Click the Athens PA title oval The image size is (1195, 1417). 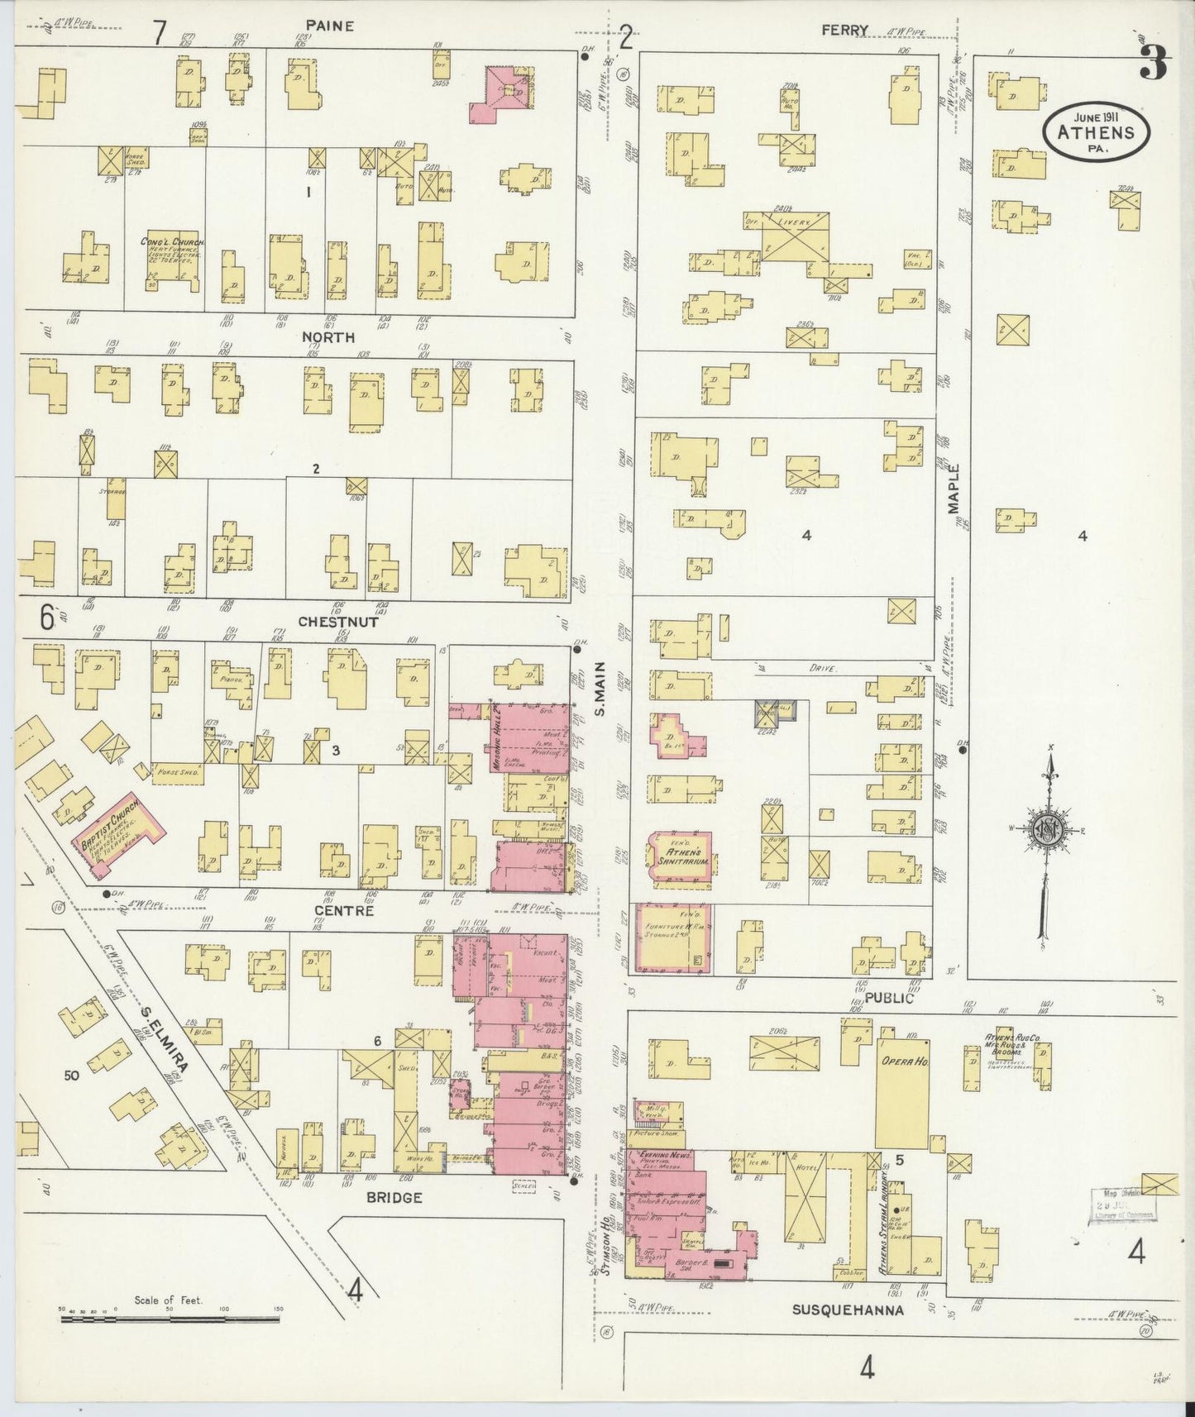point(1096,133)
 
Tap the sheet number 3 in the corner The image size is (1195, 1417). point(1153,62)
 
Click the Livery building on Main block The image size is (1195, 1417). point(793,236)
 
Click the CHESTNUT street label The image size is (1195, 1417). point(337,622)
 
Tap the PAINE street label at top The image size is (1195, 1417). point(328,26)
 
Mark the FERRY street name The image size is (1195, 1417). point(844,31)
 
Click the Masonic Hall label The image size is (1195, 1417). point(499,736)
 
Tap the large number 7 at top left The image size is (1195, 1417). point(159,33)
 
